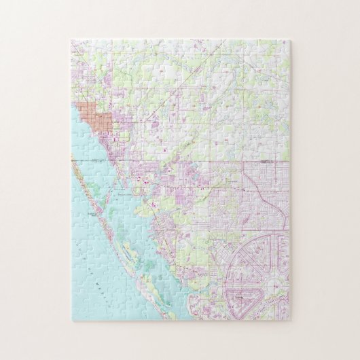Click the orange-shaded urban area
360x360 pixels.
tap(88, 116)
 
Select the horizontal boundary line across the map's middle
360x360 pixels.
tap(204, 162)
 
